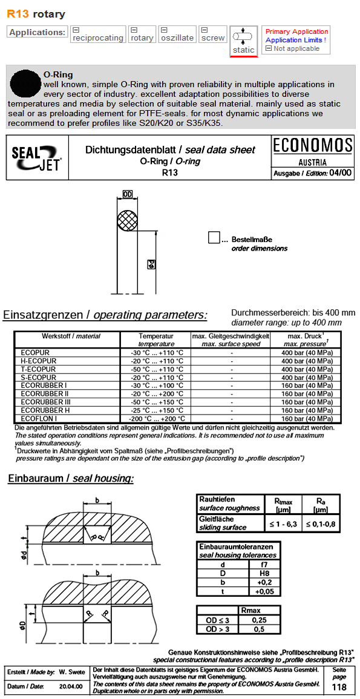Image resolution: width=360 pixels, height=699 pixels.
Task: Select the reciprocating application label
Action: pos(97,38)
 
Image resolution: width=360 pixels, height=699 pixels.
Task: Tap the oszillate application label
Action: pos(177,38)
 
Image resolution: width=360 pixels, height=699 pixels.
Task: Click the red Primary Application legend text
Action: pos(296,31)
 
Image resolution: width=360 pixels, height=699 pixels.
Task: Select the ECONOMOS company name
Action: pos(312,145)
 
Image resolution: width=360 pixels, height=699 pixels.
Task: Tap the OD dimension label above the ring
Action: pos(127,194)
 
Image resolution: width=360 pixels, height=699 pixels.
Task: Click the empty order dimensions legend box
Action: pos(214,238)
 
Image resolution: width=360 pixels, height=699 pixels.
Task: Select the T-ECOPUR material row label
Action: pos(38,369)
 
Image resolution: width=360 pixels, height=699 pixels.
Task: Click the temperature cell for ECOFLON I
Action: pos(156,418)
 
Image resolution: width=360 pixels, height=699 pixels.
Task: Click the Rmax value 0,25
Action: pos(259,620)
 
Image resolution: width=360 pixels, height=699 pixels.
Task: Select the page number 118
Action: pos(339,687)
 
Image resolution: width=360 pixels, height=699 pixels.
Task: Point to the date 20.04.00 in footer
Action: pos(71,686)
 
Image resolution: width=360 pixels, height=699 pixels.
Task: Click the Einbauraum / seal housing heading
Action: pos(71,479)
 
